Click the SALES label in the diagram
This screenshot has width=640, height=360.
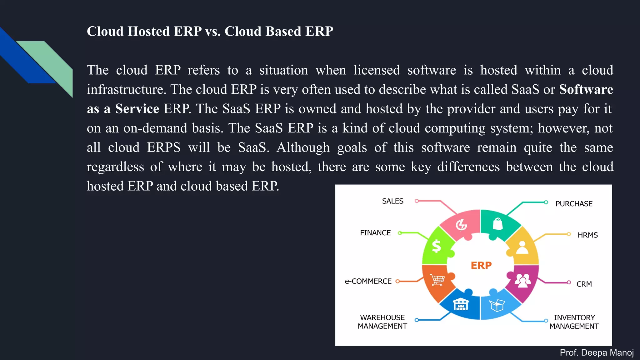pos(392,201)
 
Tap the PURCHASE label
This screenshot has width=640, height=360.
pos(574,204)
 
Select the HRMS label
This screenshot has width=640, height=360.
pos(587,235)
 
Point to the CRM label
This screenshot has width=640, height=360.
pos(584,284)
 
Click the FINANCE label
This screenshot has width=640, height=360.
pos(375,233)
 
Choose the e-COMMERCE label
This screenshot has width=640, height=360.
pos(368,281)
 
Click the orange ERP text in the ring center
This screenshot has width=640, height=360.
pos(481,265)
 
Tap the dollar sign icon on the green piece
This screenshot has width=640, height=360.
pos(436,246)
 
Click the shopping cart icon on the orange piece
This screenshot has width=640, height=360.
pos(437,280)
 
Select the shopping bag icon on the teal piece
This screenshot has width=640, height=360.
pos(497,224)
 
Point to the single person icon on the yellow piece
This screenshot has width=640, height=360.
pos(522,247)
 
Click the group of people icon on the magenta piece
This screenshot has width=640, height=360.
pos(522,280)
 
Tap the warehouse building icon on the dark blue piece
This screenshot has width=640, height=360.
pos(461,304)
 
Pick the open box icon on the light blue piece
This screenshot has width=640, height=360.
pos(497,305)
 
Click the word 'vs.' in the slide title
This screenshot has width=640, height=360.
pos(213,32)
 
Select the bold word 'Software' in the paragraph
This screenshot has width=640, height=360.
pos(586,89)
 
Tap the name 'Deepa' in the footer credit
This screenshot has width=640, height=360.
pos(594,353)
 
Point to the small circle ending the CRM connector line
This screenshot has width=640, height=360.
pos(569,282)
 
